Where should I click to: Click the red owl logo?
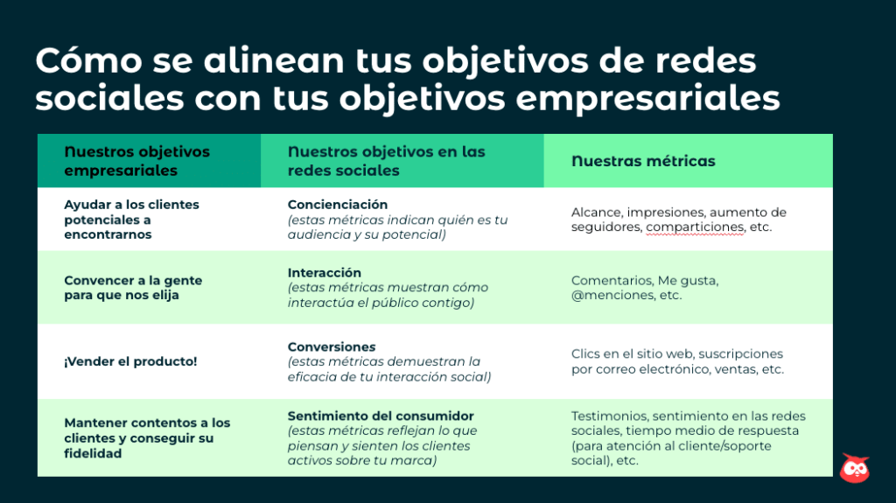[855, 468]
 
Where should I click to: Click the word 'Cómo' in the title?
[88, 59]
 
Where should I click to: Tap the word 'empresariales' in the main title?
[647, 98]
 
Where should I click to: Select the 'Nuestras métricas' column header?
[643, 161]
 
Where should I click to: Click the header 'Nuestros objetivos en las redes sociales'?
[386, 161]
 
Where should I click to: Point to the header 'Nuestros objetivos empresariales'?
[136, 161]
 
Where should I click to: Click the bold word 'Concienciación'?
[337, 205]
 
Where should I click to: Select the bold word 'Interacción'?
[324, 273]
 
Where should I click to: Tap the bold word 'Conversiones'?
[332, 347]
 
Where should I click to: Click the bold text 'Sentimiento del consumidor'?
[381, 416]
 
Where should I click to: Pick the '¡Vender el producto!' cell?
[130, 361]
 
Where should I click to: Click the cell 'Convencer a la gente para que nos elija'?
[133, 288]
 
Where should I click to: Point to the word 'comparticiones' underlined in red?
[695, 227]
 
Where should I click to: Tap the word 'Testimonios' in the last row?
[610, 416]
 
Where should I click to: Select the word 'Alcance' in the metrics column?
[596, 212]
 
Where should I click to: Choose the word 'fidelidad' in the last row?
[93, 453]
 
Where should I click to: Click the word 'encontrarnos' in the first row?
[108, 234]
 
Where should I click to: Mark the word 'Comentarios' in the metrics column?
[612, 281]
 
